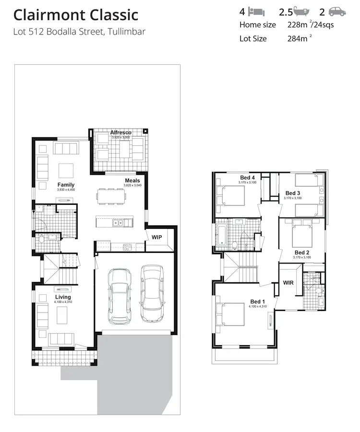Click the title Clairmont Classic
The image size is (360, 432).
pyautogui.click(x=76, y=15)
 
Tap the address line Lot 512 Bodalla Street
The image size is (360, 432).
pyautogui.click(x=79, y=32)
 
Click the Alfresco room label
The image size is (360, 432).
pyautogui.click(x=120, y=132)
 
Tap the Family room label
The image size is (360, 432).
pyautogui.click(x=66, y=185)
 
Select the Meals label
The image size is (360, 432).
pyautogui.click(x=132, y=180)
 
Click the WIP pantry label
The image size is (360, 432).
pyautogui.click(x=156, y=237)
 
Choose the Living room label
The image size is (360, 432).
pyautogui.click(x=63, y=297)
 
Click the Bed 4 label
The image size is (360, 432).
pyautogui.click(x=247, y=178)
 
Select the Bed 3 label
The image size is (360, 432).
pyautogui.click(x=292, y=193)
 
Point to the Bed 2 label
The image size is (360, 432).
pyautogui.click(x=302, y=252)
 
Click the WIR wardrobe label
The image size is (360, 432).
pyautogui.click(x=288, y=282)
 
